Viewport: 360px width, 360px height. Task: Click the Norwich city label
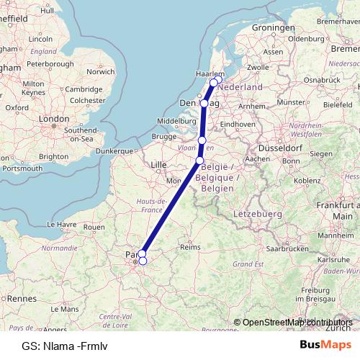click(x=100, y=72)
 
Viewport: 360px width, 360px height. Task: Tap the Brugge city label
click(x=164, y=135)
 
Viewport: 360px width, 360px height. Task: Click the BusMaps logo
click(x=325, y=345)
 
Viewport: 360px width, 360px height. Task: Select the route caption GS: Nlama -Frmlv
click(x=65, y=346)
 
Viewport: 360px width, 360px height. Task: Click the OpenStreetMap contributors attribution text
click(x=297, y=323)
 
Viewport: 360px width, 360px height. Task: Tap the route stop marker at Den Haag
click(x=204, y=104)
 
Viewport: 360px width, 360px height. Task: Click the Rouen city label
click(x=94, y=226)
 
